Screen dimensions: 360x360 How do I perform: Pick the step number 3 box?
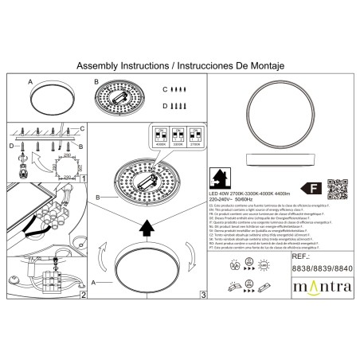[202, 295]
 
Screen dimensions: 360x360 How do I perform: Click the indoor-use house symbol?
[217, 176]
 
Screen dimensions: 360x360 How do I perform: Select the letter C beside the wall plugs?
[165, 89]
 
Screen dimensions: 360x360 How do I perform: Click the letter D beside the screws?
[165, 105]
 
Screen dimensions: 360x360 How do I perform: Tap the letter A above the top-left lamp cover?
[30, 81]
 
